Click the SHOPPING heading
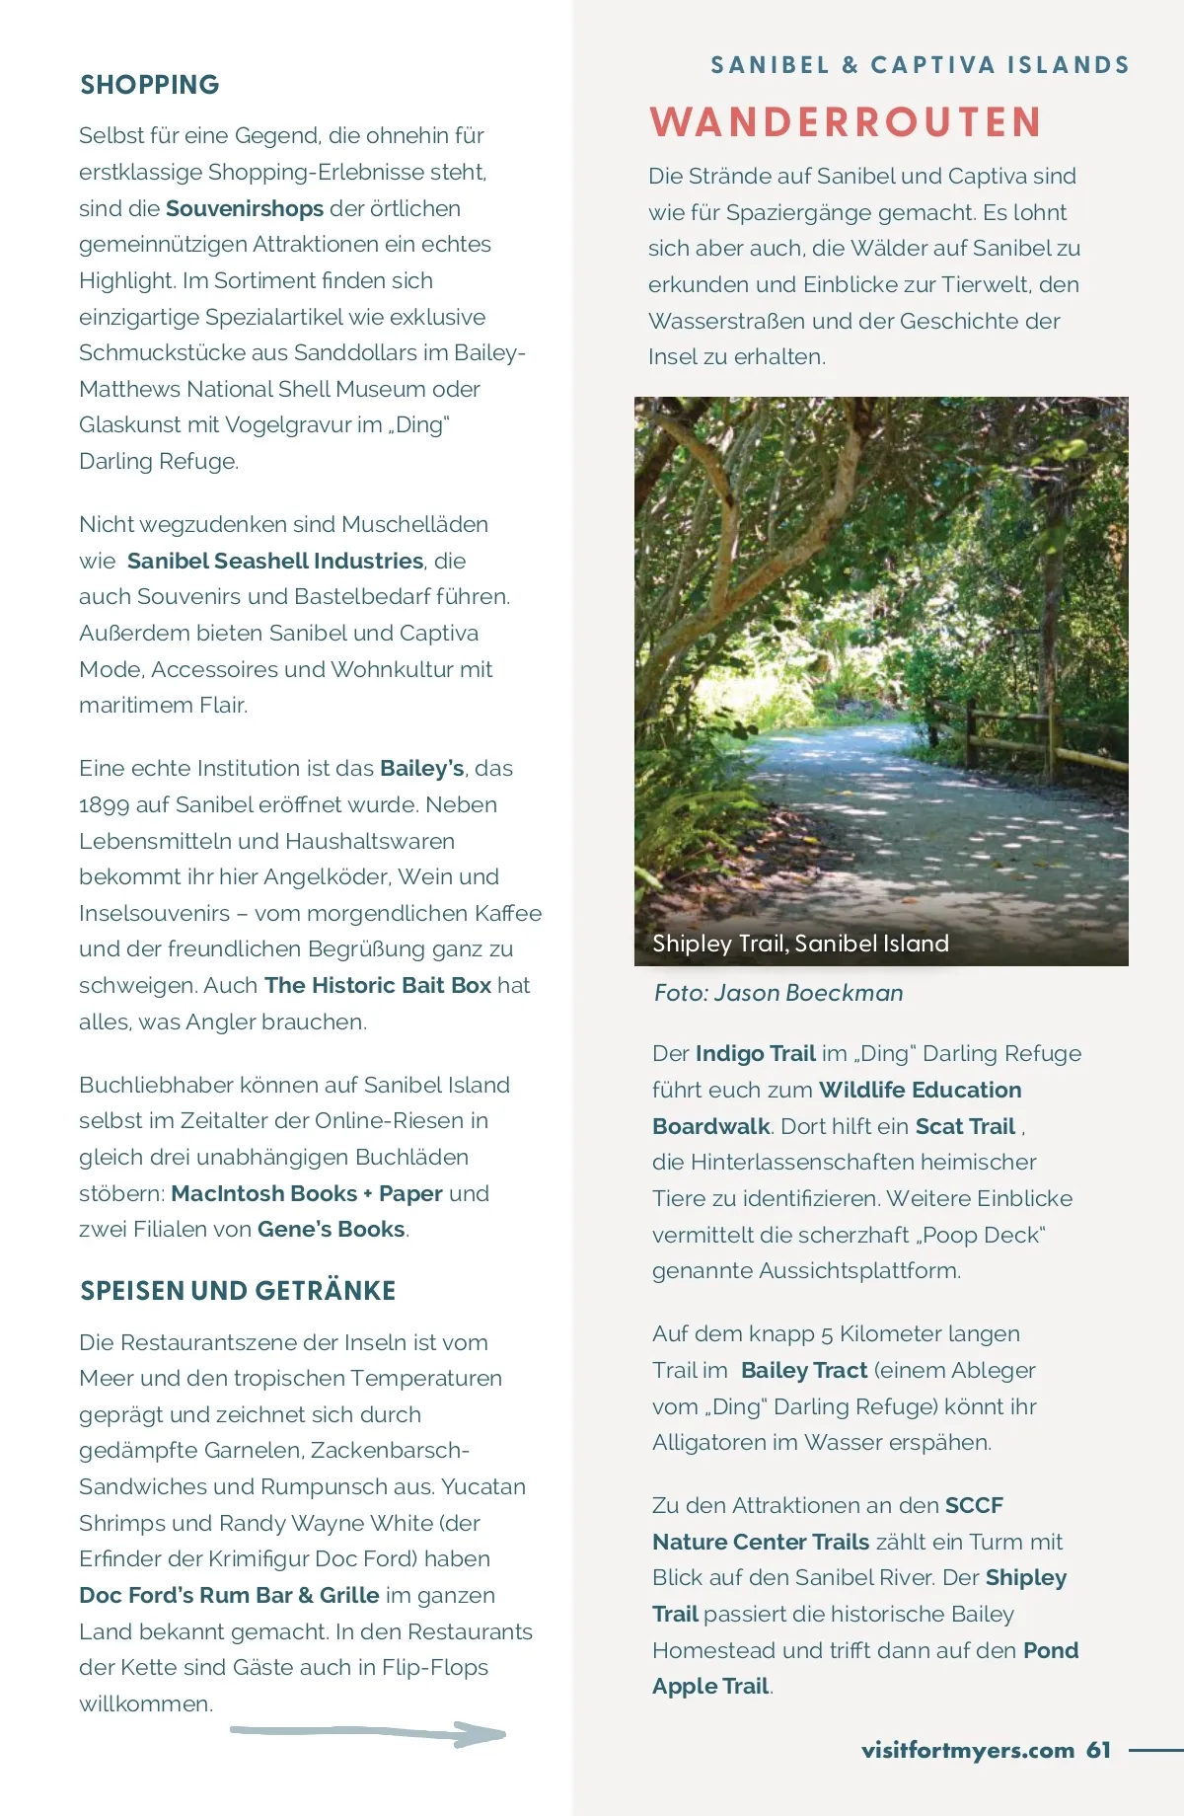tap(150, 85)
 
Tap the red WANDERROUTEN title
tap(846, 122)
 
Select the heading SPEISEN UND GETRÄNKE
tap(238, 1291)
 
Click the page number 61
tap(1098, 1750)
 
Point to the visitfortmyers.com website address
tap(967, 1750)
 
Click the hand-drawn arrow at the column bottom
tap(368, 1732)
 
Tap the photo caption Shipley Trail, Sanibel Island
tap(800, 944)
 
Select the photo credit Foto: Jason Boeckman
tap(778, 993)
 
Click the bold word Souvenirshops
tap(245, 208)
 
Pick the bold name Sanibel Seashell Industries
tap(275, 561)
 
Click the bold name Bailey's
tap(421, 768)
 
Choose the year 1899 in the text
tap(104, 804)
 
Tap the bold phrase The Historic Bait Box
tap(378, 985)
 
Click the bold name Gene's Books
tap(332, 1229)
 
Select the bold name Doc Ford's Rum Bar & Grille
tap(229, 1595)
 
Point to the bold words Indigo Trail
tap(755, 1053)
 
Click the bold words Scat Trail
tap(965, 1126)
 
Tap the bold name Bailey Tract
tap(804, 1370)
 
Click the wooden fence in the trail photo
tap(1036, 735)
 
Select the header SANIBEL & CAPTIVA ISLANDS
tap(920, 65)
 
